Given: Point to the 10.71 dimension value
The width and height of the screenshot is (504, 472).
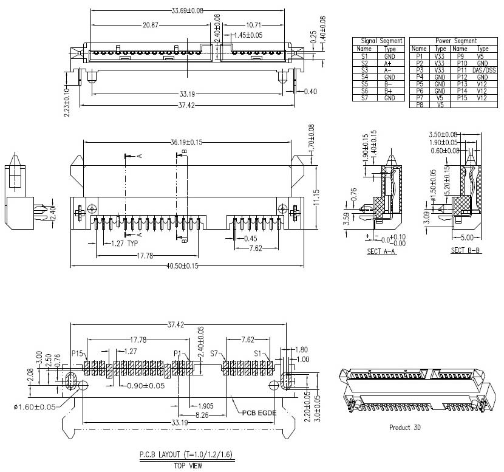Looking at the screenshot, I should click(254, 25).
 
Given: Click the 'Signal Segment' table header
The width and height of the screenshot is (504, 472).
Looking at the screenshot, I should click(378, 41).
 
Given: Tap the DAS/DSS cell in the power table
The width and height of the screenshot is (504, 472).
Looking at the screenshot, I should click(482, 70).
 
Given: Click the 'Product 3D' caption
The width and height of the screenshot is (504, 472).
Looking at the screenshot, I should click(405, 427).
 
